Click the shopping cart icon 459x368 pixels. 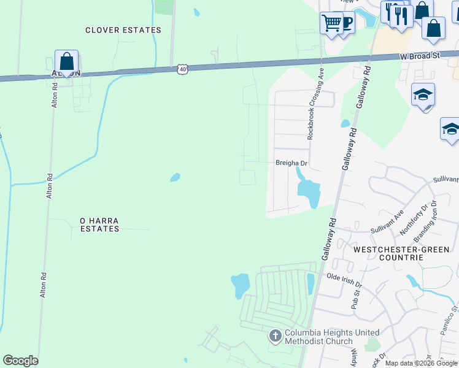coord(331,23)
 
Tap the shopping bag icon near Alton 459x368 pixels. coord(66,61)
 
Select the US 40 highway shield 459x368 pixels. coord(183,70)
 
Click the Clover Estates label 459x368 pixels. coord(123,30)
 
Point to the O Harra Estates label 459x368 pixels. coord(99,224)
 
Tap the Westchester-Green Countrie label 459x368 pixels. coord(388,253)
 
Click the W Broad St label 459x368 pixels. coord(420,56)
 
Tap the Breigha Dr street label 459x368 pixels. coord(291,163)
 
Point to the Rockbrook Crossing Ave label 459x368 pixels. coord(315,104)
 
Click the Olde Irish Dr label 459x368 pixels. coord(344,281)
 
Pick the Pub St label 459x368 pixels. coord(354,299)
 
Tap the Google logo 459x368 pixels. coord(21,361)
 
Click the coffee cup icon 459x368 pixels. coord(347,23)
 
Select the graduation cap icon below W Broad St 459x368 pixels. coord(423,95)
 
